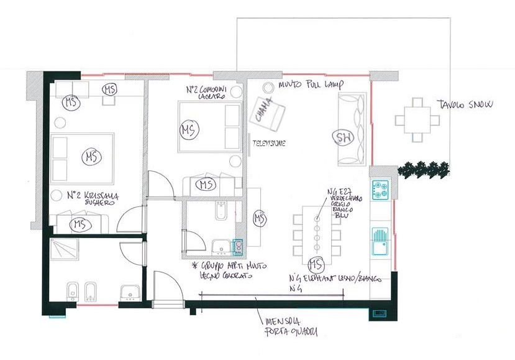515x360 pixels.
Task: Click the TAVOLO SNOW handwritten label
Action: (x=465, y=104)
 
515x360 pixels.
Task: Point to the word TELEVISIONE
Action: (x=268, y=143)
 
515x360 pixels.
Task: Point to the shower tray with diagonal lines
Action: (x=64, y=249)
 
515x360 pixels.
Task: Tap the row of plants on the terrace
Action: (x=426, y=167)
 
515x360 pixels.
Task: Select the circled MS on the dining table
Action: (x=316, y=264)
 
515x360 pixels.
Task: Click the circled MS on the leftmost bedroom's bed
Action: (x=91, y=154)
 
